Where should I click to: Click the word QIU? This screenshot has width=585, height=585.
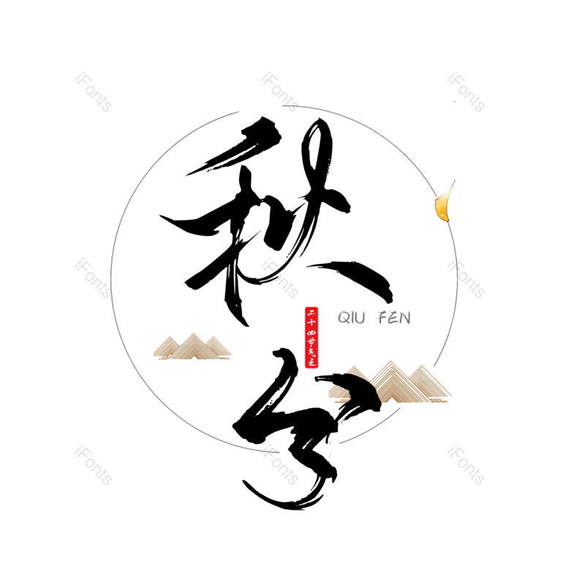click(351, 317)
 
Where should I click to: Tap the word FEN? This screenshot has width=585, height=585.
click(394, 317)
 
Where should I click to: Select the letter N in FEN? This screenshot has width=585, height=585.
click(405, 317)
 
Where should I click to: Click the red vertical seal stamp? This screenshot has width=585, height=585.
click(312, 337)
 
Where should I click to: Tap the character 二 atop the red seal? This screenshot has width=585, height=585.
click(312, 312)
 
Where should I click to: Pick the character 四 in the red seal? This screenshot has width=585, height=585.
click(312, 333)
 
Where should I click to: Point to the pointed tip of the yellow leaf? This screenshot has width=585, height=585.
click(454, 181)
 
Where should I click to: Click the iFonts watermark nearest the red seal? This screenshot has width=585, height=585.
click(279, 278)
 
